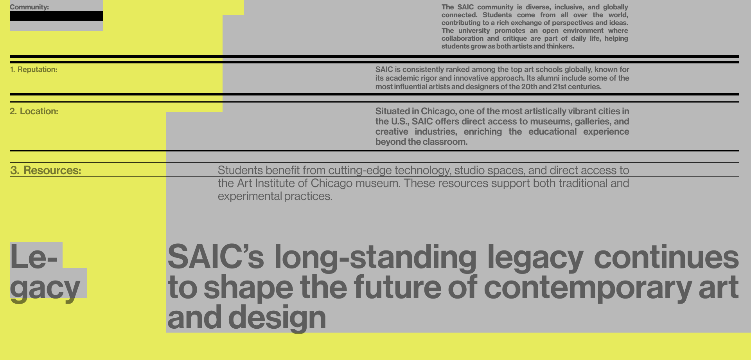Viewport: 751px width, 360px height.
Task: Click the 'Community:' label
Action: [29, 7]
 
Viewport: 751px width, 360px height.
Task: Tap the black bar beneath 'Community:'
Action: [56, 16]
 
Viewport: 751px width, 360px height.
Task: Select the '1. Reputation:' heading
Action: [34, 70]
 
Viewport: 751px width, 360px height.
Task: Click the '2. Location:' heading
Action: [34, 112]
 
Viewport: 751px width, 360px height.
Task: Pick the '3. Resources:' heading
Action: [46, 170]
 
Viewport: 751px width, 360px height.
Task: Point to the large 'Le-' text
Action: [34, 257]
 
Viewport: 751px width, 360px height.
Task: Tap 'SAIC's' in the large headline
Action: [216, 257]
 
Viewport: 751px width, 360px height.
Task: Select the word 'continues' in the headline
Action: [667, 257]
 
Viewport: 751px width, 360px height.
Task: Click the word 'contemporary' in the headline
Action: [588, 288]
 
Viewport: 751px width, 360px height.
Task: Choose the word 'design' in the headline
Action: [277, 318]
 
